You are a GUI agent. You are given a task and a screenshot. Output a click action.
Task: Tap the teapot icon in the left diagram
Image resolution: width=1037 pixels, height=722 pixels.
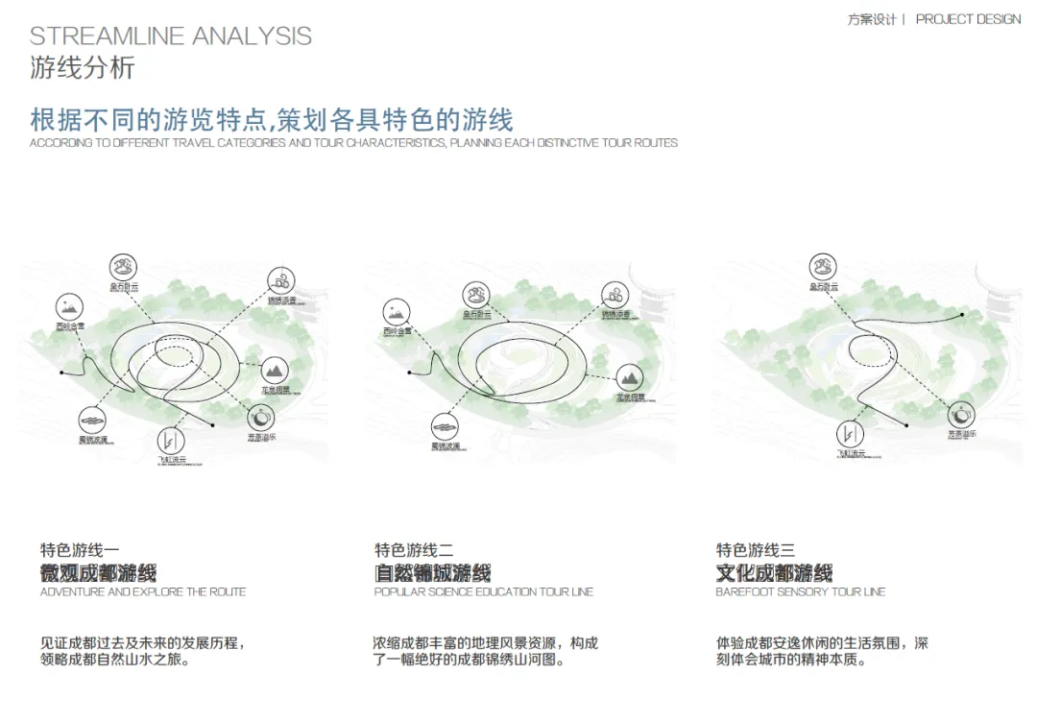tap(261, 417)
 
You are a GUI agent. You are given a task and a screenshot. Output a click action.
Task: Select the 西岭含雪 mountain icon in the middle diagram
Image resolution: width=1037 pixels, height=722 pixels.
tap(397, 311)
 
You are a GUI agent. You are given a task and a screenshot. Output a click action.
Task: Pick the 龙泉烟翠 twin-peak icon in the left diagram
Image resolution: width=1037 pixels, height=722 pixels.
tap(274, 369)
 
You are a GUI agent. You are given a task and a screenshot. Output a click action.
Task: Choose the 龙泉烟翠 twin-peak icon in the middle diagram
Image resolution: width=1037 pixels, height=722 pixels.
tap(629, 376)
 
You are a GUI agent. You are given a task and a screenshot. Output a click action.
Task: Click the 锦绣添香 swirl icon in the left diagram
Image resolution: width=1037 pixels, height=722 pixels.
tap(280, 280)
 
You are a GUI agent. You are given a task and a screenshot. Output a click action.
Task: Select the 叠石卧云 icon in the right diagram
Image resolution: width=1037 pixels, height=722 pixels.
tap(823, 266)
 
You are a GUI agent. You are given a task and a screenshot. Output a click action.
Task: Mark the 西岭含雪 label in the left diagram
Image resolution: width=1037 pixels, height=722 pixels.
tap(71, 326)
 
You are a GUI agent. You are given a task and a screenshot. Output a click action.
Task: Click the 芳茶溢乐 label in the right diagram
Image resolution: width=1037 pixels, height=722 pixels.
tap(962, 435)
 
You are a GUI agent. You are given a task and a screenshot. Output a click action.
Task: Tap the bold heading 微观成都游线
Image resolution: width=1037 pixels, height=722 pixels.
tap(98, 573)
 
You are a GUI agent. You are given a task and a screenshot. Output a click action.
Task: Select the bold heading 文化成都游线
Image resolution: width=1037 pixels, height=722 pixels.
tap(774, 573)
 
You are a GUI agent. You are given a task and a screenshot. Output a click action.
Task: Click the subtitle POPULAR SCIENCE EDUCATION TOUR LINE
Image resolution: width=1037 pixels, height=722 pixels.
tap(484, 592)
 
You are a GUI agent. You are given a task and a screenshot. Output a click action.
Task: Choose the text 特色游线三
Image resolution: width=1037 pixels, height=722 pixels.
tap(755, 550)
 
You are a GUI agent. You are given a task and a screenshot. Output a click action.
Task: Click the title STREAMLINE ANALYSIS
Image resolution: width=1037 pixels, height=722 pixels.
tap(171, 36)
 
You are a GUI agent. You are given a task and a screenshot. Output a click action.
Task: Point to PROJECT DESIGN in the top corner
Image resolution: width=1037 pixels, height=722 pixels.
tap(968, 19)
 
